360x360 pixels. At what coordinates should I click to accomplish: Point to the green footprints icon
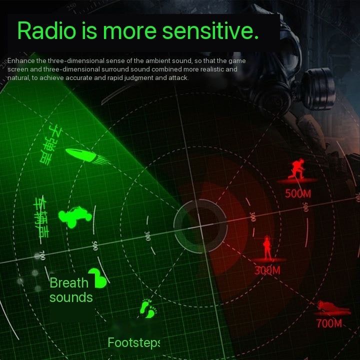(147, 308)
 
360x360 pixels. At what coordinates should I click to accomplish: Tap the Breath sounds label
(70, 290)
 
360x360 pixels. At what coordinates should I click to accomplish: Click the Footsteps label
(133, 343)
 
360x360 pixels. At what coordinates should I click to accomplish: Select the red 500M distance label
(298, 193)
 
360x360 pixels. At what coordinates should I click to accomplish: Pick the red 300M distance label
(267, 270)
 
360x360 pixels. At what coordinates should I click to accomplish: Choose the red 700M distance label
(329, 323)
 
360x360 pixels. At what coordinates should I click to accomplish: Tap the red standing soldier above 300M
(267, 248)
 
